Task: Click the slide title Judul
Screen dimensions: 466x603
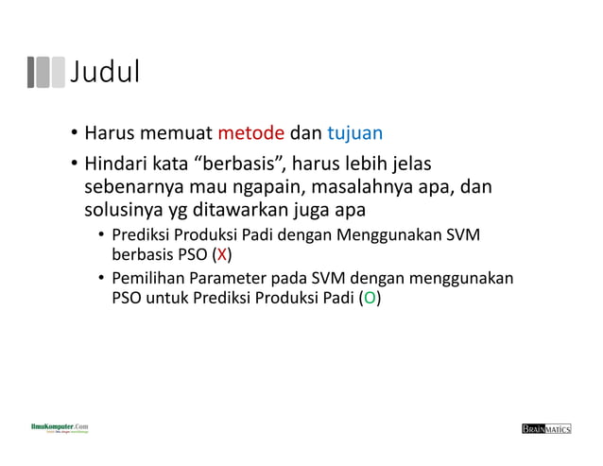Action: [x=104, y=72]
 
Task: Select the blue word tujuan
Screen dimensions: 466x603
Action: [x=354, y=132]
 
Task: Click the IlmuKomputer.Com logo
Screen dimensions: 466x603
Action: [x=60, y=428]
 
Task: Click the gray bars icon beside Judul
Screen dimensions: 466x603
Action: [x=44, y=73]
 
